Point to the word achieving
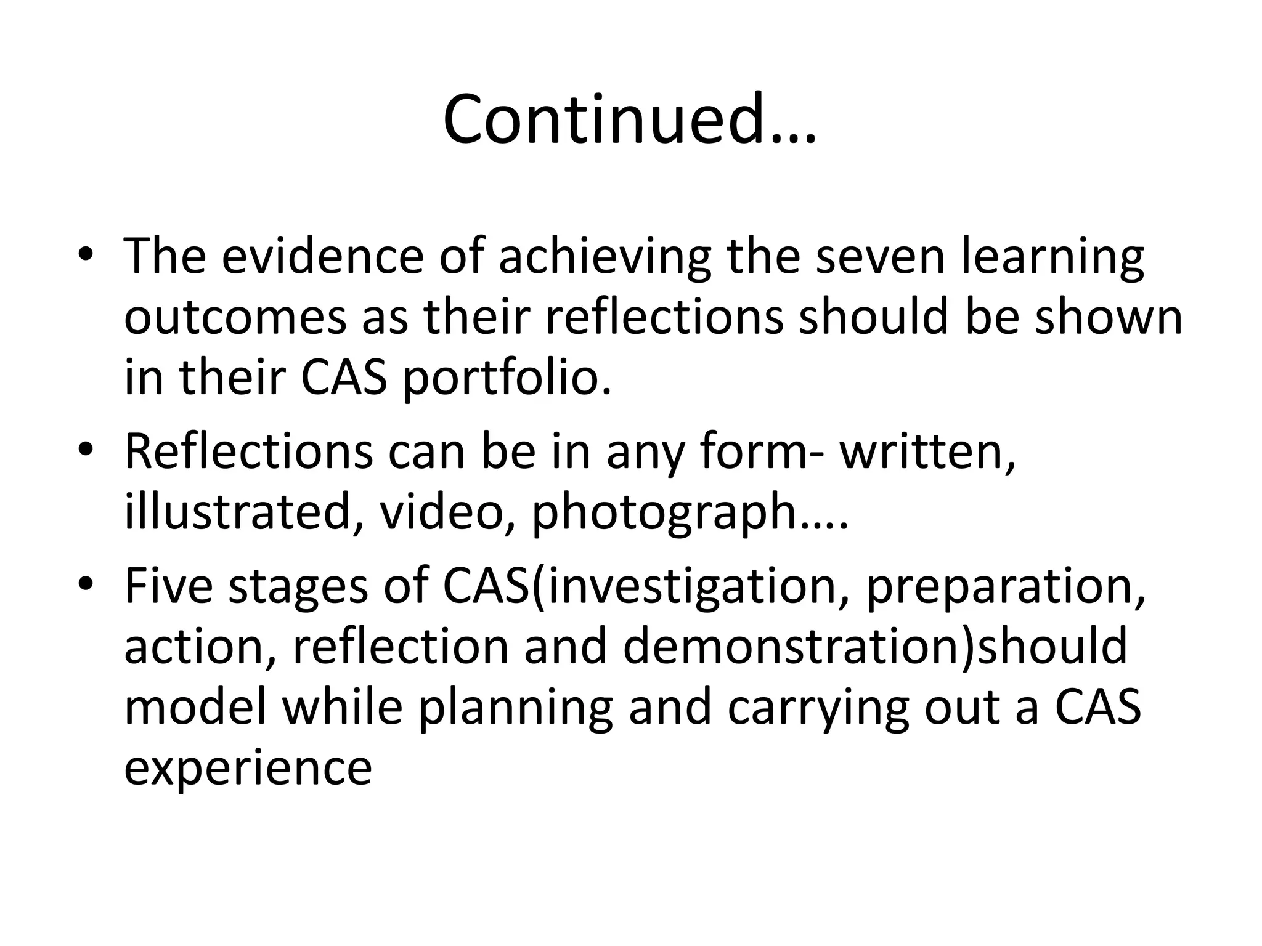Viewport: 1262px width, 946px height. pos(605,257)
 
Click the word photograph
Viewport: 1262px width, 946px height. pos(664,512)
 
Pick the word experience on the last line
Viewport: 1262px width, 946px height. pos(248,769)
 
